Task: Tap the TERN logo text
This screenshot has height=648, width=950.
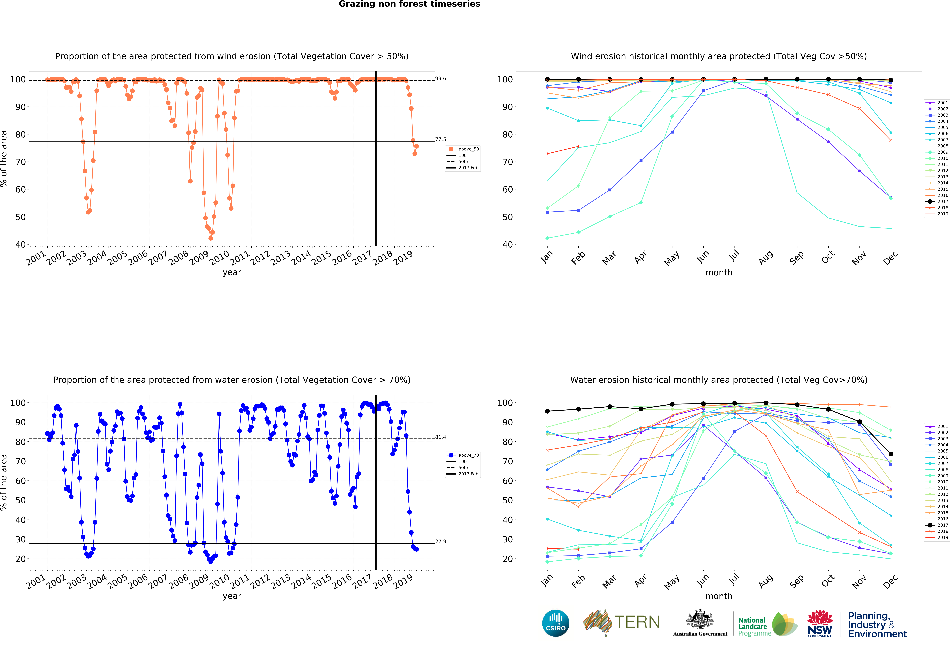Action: (x=637, y=622)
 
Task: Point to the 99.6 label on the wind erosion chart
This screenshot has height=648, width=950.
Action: (x=441, y=79)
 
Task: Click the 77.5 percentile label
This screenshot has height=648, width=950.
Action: (x=441, y=140)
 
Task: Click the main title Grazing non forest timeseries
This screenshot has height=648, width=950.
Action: (x=409, y=4)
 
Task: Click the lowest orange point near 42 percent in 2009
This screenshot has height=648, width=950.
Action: (x=211, y=238)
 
